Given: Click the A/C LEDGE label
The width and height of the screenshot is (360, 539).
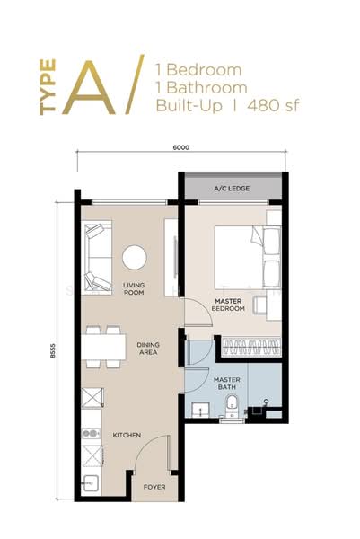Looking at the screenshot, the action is (x=232, y=189).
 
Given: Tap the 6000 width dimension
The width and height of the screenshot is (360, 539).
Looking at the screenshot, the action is (x=181, y=147).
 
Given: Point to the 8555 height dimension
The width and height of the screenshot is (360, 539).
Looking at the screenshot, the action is (x=53, y=350).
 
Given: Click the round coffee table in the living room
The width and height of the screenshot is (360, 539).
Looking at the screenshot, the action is (x=135, y=257).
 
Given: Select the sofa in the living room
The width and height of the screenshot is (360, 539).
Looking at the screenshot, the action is (x=98, y=258).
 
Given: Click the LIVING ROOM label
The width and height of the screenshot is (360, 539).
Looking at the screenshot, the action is (x=134, y=288).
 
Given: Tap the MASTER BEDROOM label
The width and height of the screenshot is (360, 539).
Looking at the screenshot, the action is (x=228, y=305).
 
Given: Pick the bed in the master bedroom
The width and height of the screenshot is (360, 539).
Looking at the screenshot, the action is (x=248, y=257).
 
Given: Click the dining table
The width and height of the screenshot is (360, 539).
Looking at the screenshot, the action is (x=103, y=347).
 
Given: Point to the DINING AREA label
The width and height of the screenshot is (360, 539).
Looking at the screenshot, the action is (x=148, y=349).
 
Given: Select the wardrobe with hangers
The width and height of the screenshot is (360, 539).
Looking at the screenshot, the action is (x=251, y=347).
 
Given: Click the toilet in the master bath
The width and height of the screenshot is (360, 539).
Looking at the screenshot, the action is (x=232, y=406).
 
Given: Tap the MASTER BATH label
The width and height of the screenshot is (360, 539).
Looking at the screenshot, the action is (x=227, y=384).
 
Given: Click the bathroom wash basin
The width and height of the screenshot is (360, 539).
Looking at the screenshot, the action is (x=200, y=410).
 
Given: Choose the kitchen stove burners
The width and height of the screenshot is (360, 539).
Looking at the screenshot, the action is (x=91, y=434).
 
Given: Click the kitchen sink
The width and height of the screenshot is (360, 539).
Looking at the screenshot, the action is (x=91, y=483).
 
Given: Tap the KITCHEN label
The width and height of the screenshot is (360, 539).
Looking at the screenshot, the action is (x=127, y=435).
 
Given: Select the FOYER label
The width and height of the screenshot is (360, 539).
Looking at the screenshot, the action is (x=154, y=487).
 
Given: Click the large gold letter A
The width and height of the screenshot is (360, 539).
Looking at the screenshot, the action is (x=89, y=88).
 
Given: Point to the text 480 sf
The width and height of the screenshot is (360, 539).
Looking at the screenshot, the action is (x=273, y=105).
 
